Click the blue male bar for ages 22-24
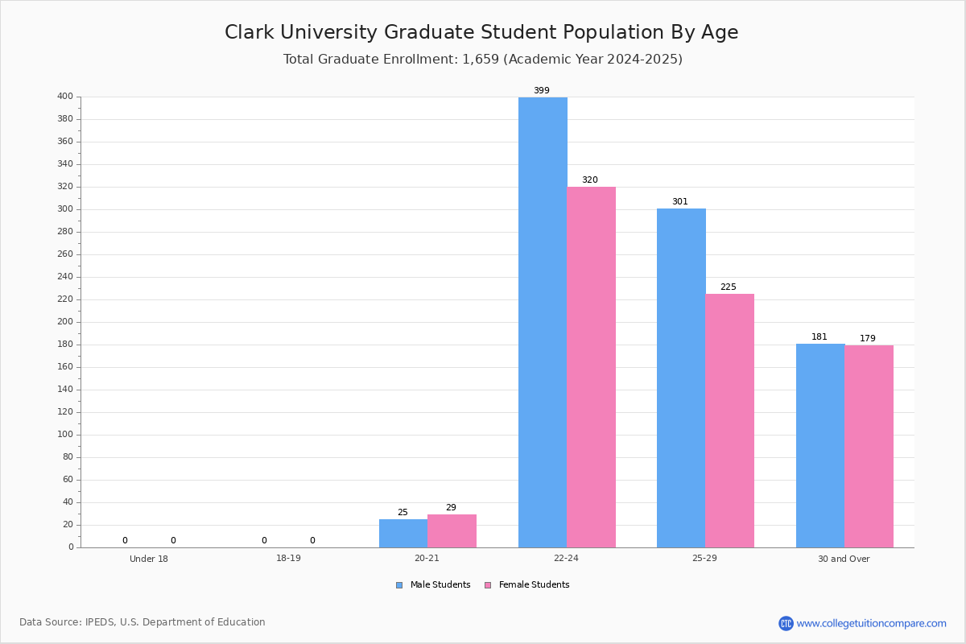click(x=543, y=322)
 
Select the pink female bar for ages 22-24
click(x=591, y=367)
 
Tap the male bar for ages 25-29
click(x=681, y=378)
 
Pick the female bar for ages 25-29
click(x=729, y=420)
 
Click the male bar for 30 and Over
click(x=820, y=446)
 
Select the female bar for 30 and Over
click(x=869, y=447)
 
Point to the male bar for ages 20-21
click(x=403, y=534)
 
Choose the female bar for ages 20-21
click(x=452, y=531)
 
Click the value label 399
click(x=542, y=90)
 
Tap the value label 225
click(x=729, y=287)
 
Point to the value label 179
click(x=868, y=338)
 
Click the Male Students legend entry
click(x=433, y=584)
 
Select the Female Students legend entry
click(x=527, y=584)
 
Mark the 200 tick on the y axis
click(x=65, y=322)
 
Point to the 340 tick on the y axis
click(x=65, y=164)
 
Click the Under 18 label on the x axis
click(x=149, y=559)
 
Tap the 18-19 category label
click(x=288, y=558)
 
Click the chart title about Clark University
click(x=481, y=32)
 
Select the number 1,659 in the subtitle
click(x=481, y=59)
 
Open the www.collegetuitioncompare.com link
click(x=871, y=623)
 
